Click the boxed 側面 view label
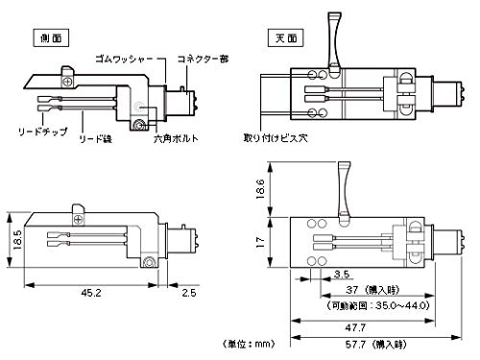51,38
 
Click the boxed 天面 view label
286,38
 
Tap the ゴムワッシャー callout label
124,59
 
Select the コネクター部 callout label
204,59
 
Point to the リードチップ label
43,132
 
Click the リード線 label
96,139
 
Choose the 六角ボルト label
176,139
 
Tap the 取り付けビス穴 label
276,138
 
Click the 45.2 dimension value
91,293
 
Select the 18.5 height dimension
17,240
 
